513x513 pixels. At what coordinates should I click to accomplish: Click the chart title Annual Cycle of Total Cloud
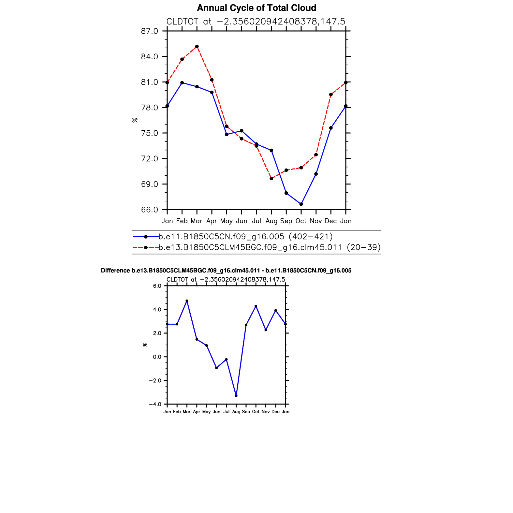pyautogui.click(x=256, y=8)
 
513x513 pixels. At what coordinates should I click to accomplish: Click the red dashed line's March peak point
pyautogui.click(x=197, y=46)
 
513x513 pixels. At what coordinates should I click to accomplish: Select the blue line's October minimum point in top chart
pyautogui.click(x=301, y=204)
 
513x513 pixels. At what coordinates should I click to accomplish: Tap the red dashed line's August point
pyautogui.click(x=271, y=179)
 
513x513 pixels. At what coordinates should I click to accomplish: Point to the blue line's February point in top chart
pyautogui.click(x=182, y=83)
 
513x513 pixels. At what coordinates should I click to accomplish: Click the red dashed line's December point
pyautogui.click(x=331, y=95)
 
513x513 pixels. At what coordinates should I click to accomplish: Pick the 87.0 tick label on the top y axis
pyautogui.click(x=150, y=31)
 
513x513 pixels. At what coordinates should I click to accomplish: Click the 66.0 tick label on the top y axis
pyautogui.click(x=150, y=210)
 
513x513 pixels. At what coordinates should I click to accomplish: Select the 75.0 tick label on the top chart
pyautogui.click(x=150, y=133)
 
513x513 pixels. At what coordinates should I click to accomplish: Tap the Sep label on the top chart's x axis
pyautogui.click(x=286, y=221)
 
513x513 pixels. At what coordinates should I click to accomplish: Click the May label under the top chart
pyautogui.click(x=227, y=221)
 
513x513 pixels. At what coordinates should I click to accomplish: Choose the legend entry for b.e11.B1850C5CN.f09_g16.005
pyautogui.click(x=245, y=237)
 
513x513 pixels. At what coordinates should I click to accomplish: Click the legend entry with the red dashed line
pyautogui.click(x=269, y=247)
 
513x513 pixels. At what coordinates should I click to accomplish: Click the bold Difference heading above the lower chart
pyautogui.click(x=226, y=271)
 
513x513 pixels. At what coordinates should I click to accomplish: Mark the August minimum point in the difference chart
pyautogui.click(x=236, y=396)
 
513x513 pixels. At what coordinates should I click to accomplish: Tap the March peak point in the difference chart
pyautogui.click(x=187, y=301)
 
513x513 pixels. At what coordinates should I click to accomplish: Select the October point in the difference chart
pyautogui.click(x=256, y=306)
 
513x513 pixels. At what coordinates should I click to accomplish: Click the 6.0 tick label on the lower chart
pyautogui.click(x=157, y=286)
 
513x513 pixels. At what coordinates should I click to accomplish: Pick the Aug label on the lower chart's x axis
pyautogui.click(x=236, y=412)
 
